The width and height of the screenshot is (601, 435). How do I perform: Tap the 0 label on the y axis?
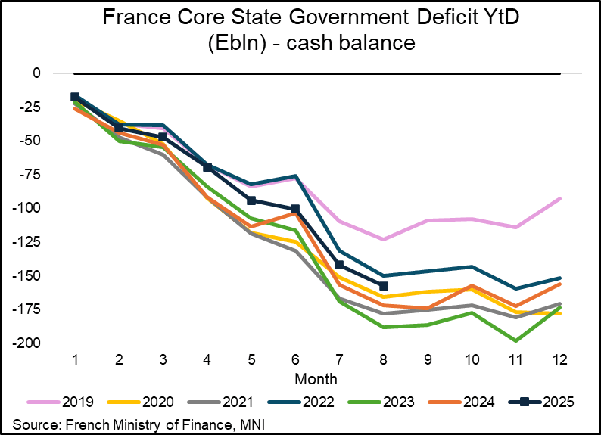pyautogui.click(x=36, y=73)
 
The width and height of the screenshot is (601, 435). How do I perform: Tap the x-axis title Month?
pyautogui.click(x=316, y=377)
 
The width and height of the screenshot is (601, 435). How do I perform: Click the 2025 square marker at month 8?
pyautogui.click(x=383, y=286)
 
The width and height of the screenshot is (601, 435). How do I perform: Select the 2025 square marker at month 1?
pyautogui.click(x=75, y=97)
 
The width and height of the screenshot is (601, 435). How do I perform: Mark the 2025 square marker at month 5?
pyautogui.click(x=251, y=200)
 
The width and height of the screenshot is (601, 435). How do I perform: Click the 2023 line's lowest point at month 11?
pyautogui.click(x=515, y=340)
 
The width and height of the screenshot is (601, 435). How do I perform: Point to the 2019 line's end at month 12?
pyautogui.click(x=559, y=198)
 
